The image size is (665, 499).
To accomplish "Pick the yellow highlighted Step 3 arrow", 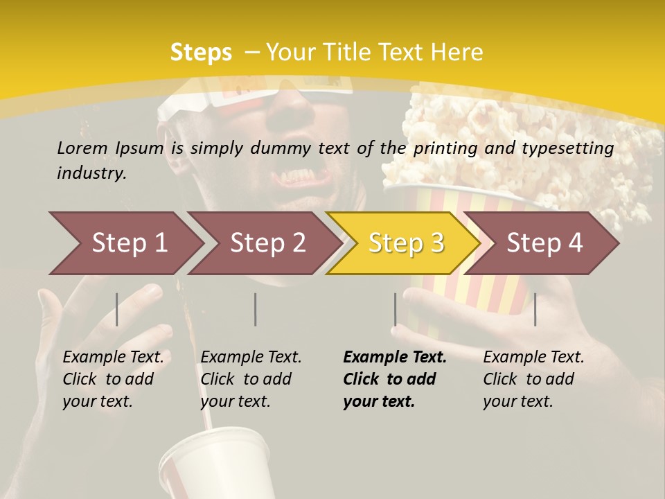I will (x=405, y=243).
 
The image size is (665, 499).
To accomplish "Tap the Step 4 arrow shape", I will (x=544, y=243).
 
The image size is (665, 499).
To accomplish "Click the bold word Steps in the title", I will (x=201, y=53).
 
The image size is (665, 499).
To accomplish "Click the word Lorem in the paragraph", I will (x=82, y=148).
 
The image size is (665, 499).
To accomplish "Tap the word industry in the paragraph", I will (x=91, y=173).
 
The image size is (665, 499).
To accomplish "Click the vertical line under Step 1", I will (x=117, y=309).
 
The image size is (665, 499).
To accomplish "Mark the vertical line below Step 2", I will (x=256, y=309).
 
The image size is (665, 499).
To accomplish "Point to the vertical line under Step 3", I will (x=395, y=309).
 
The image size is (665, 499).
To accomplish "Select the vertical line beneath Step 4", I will (x=535, y=309).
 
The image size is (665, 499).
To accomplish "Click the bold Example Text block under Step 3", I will (x=395, y=379).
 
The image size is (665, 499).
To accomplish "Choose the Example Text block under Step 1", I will (x=113, y=379).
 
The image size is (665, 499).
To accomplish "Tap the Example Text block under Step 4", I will (x=533, y=379).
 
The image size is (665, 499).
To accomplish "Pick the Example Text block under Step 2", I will (x=251, y=379).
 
